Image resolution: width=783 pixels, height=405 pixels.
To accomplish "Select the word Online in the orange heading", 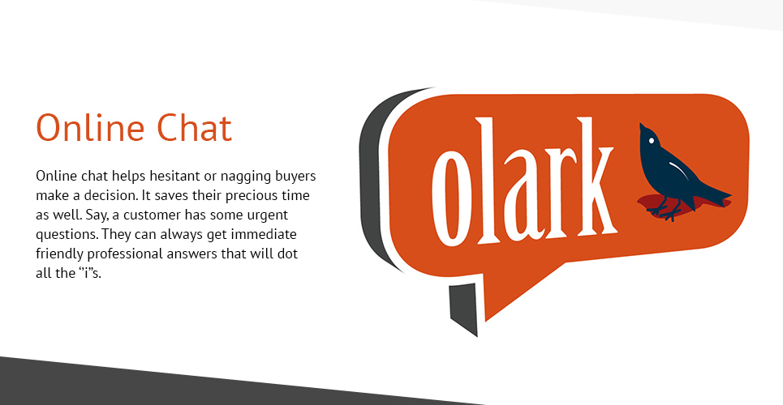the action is tap(90, 127).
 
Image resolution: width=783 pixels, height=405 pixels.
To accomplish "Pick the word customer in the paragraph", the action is tap(153, 215).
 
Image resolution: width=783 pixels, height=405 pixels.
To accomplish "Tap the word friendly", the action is tap(60, 254).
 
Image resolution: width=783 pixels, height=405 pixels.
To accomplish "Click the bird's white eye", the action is tap(652, 141).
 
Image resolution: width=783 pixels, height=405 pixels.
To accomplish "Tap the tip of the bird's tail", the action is tap(730, 194).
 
